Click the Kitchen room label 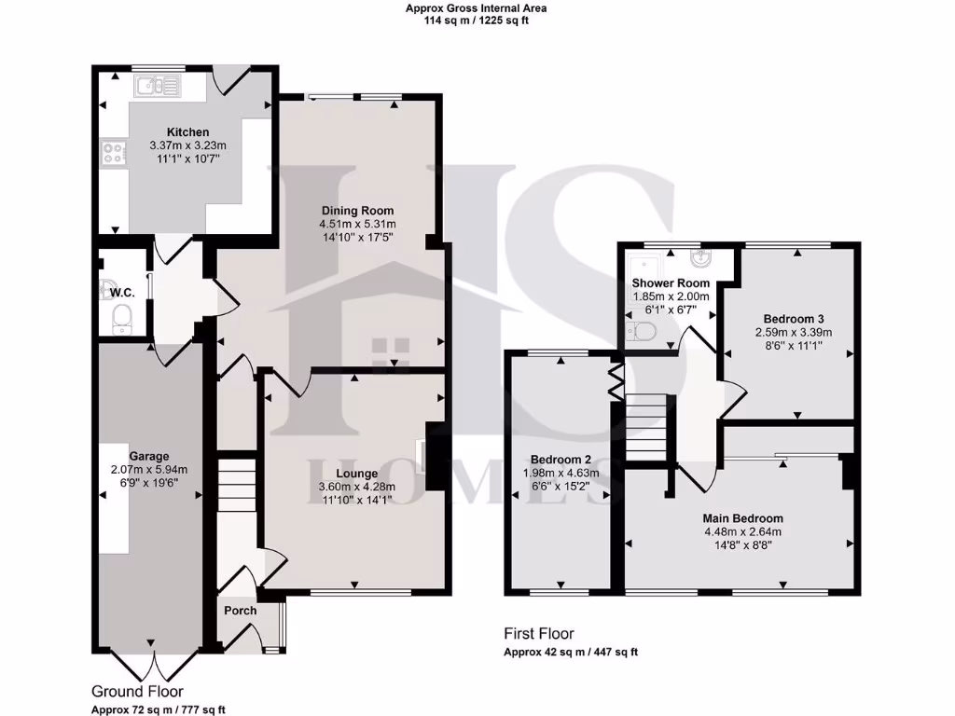pos(187,132)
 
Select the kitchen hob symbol pos(114,153)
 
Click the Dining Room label pos(357,211)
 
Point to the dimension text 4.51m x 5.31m pos(357,225)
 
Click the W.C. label pos(122,293)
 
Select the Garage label pos(149,456)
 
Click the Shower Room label pos(671,283)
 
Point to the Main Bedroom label pos(743,518)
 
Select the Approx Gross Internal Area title pos(477,8)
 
